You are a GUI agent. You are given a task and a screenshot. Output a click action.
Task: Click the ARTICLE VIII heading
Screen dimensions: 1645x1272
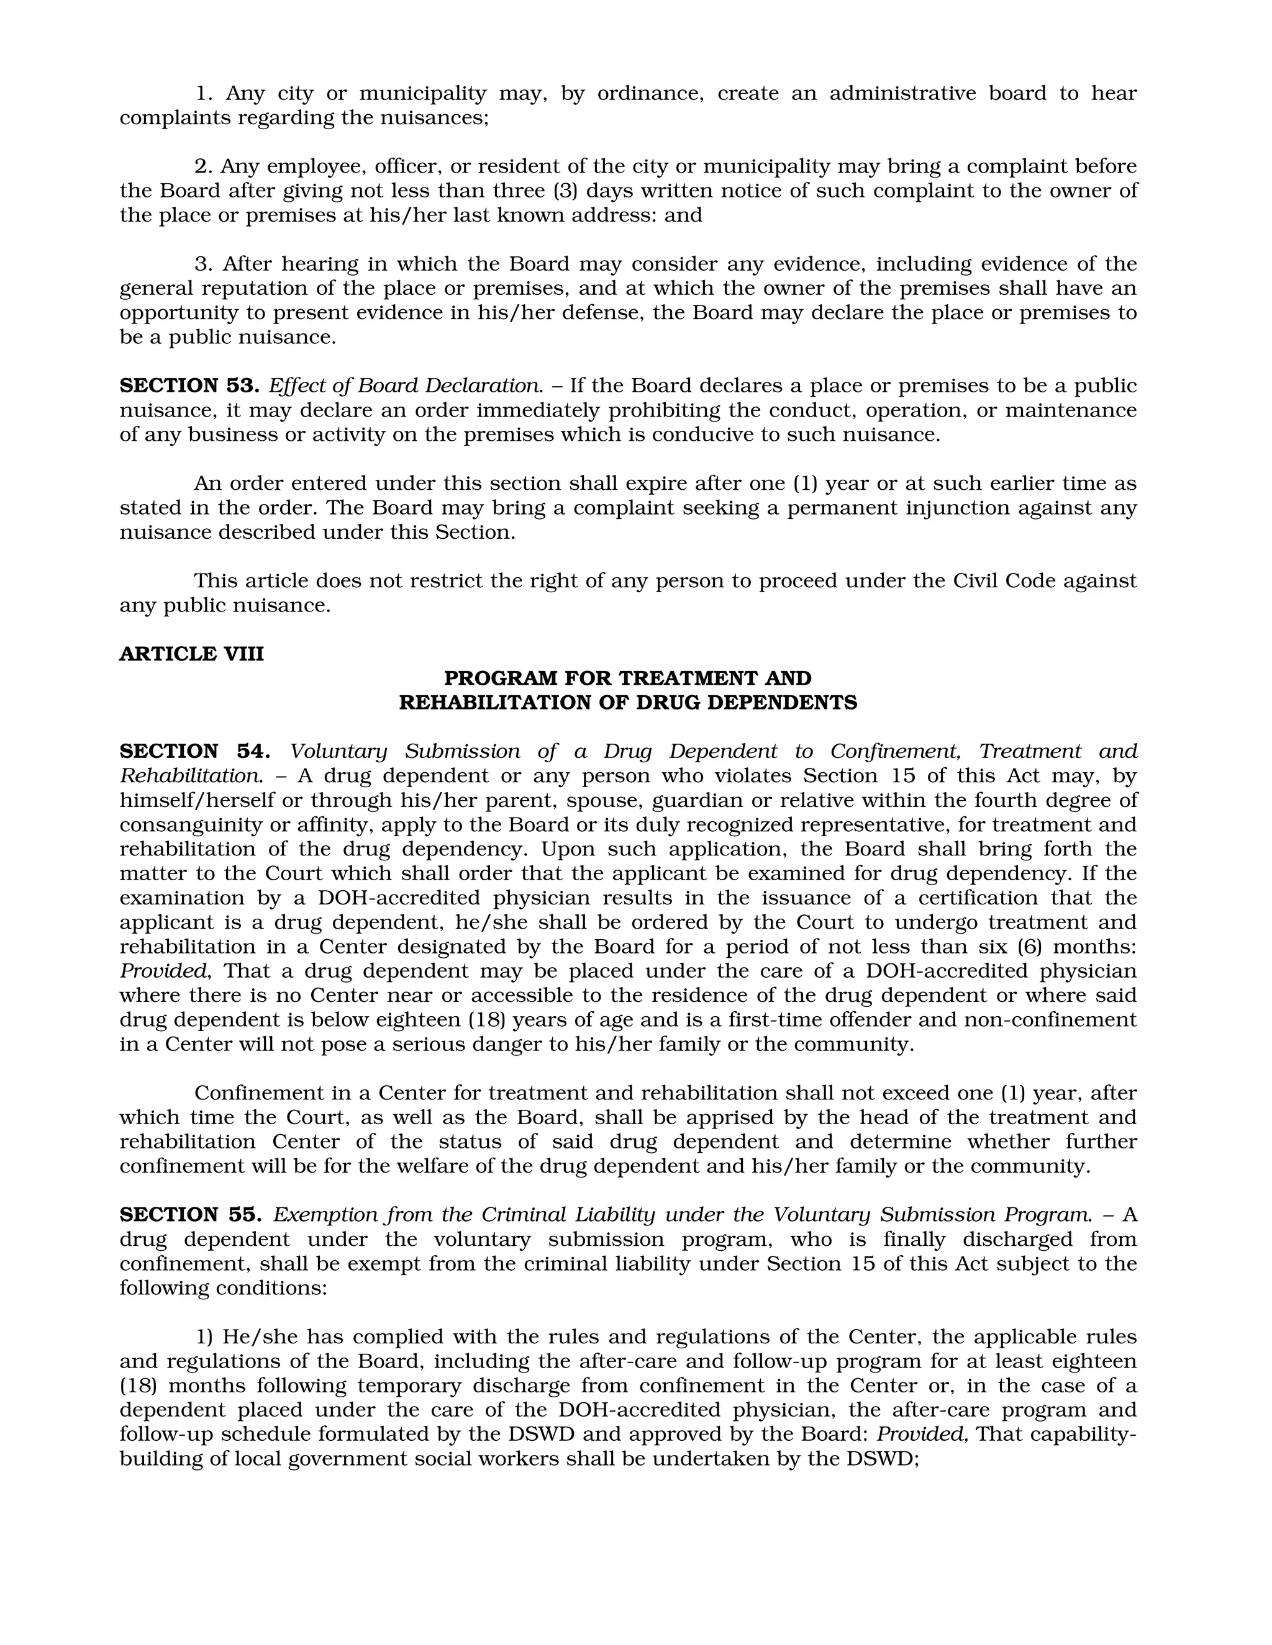click(191, 654)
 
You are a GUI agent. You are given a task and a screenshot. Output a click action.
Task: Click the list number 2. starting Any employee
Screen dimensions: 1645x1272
click(204, 166)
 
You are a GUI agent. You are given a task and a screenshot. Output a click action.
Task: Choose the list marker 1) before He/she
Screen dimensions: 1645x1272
click(205, 1337)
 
